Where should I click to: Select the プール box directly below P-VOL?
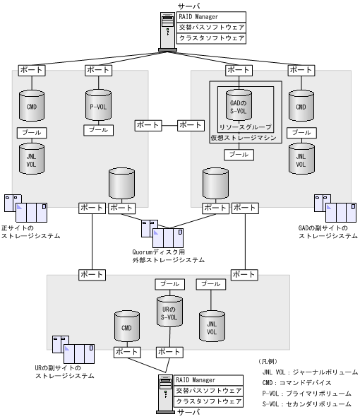[x=97, y=130]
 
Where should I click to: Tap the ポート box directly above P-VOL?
[x=98, y=71]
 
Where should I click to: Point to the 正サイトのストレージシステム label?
[x=30, y=231]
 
